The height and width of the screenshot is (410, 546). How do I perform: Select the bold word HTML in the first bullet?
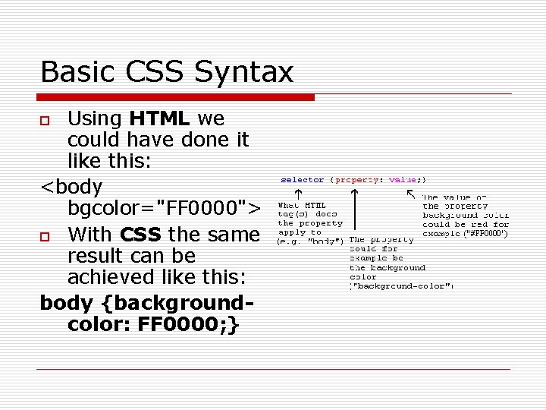(x=159, y=119)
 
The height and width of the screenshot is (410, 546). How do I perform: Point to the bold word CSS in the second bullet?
(x=140, y=234)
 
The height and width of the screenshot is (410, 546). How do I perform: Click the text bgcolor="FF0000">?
(x=164, y=207)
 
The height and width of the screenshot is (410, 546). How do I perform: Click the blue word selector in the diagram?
(x=303, y=180)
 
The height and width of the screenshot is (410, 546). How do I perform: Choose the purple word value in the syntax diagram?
(x=403, y=180)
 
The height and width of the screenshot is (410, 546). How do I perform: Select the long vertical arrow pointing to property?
(x=356, y=213)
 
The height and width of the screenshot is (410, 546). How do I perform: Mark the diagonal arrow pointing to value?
(x=412, y=194)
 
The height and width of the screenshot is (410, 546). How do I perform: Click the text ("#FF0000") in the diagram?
(x=486, y=234)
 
